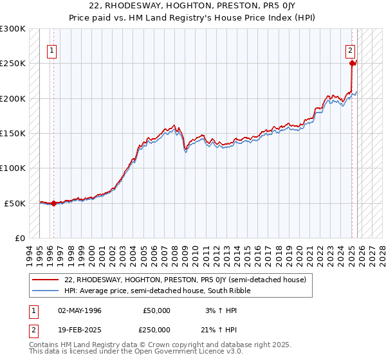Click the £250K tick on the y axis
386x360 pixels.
[x=13, y=64]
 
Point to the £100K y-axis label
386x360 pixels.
[x=13, y=168]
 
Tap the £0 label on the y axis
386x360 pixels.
[x=19, y=238]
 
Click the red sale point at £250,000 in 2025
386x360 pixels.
[x=353, y=63]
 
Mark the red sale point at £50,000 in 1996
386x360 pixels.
[x=53, y=203]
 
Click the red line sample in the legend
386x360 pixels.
[x=46, y=280]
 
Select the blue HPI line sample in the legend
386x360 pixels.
[x=46, y=291]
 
